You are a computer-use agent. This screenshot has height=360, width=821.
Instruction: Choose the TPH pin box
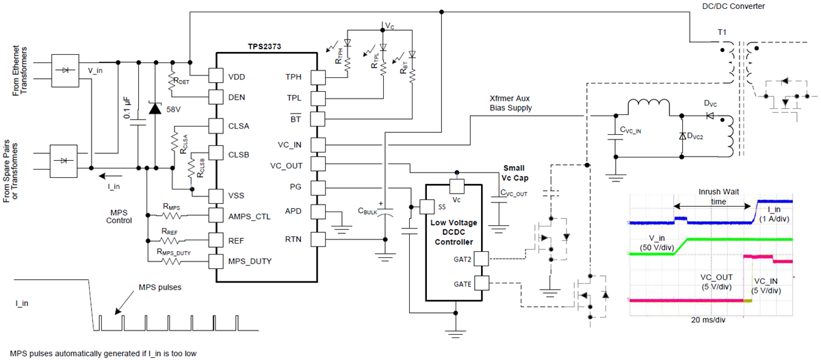click(x=317, y=75)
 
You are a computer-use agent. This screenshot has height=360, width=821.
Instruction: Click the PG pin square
click(x=317, y=188)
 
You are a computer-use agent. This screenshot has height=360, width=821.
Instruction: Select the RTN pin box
click(x=317, y=239)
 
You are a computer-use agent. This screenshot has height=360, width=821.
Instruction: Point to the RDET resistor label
click(x=180, y=80)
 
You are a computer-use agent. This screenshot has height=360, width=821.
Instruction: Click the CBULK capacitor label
click(x=367, y=211)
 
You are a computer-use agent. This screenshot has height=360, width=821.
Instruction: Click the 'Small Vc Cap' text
click(x=514, y=172)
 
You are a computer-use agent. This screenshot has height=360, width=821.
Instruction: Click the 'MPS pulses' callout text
click(x=161, y=287)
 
